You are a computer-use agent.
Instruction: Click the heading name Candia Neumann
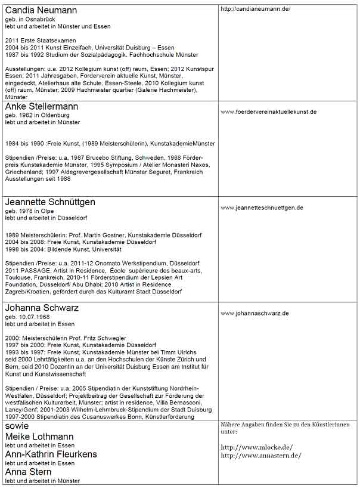coord(41,10)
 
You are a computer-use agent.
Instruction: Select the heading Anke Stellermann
coord(41,106)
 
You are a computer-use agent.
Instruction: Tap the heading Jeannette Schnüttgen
coord(50,202)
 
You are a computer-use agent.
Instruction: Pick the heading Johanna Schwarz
coord(42,308)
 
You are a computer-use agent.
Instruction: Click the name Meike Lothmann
coord(39,437)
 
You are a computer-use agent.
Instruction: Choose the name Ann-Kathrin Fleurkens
coord(51,454)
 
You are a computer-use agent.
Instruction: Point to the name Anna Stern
coord(29,471)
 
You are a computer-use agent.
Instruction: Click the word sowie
coord(17,426)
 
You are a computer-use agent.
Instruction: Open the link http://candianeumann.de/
coord(255,9)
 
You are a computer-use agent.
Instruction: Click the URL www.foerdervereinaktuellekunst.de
coord(268,112)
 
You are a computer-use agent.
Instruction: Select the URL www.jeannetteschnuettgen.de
coord(262,208)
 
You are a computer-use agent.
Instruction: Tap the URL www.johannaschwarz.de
coord(255,313)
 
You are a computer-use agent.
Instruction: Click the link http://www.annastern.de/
coord(260,456)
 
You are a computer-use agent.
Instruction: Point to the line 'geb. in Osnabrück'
coord(30,20)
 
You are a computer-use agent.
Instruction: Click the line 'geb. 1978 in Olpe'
coord(29,212)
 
